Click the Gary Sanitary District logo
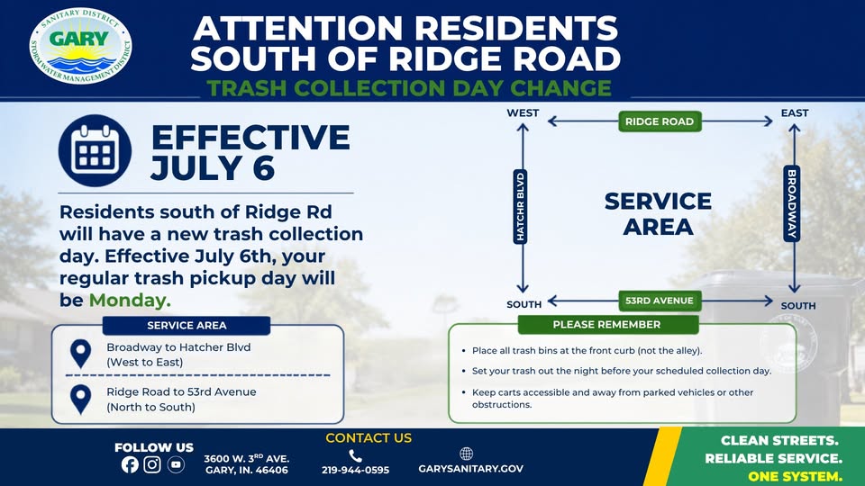(x=80, y=46)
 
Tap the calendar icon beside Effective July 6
(x=95, y=150)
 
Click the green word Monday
(x=130, y=301)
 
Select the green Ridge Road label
(x=660, y=121)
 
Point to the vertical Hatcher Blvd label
(x=520, y=207)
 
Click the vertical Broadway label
(x=792, y=203)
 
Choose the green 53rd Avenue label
(x=660, y=301)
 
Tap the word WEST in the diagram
(x=523, y=113)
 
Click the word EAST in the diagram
(x=795, y=113)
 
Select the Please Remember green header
(x=607, y=325)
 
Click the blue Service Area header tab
(x=187, y=326)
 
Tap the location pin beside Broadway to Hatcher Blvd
(x=80, y=354)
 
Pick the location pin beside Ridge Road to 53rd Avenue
(x=80, y=399)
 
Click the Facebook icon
(x=130, y=464)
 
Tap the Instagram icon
(x=152, y=464)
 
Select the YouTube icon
(x=176, y=464)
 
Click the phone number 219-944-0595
(x=355, y=470)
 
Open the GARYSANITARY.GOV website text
(x=470, y=469)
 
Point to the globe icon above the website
(x=466, y=454)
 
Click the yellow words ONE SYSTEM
(x=795, y=476)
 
